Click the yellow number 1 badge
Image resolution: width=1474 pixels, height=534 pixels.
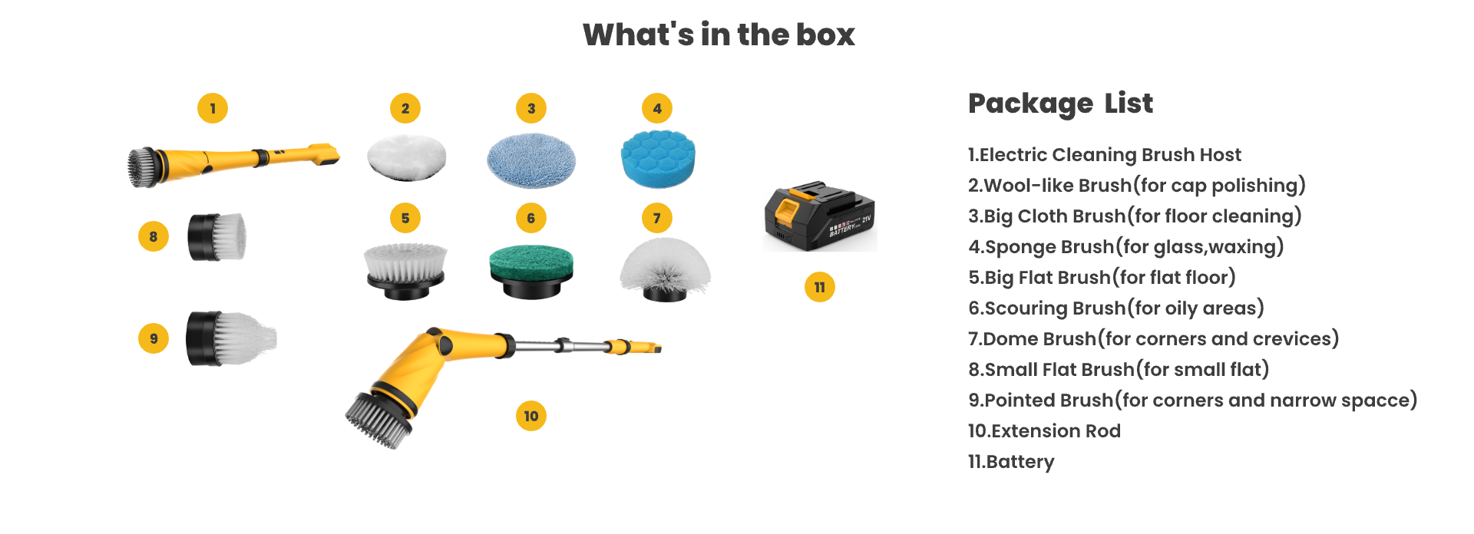pyautogui.click(x=213, y=108)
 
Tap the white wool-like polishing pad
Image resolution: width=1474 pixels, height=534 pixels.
pyautogui.click(x=406, y=157)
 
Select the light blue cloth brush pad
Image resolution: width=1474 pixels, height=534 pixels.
pyautogui.click(x=531, y=160)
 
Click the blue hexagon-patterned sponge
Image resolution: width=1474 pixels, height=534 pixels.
pyautogui.click(x=657, y=158)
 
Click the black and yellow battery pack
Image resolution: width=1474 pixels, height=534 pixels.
pyautogui.click(x=819, y=216)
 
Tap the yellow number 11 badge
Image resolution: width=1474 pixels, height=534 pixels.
pyautogui.click(x=820, y=287)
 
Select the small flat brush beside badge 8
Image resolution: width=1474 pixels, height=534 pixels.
pyautogui.click(x=217, y=236)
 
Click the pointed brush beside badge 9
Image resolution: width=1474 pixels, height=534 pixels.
pyautogui.click(x=230, y=338)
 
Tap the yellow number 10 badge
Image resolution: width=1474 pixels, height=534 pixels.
pyautogui.click(x=531, y=416)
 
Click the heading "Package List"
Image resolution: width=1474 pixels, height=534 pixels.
pyautogui.click(x=1060, y=104)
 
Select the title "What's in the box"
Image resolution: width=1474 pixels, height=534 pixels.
pyautogui.click(x=719, y=35)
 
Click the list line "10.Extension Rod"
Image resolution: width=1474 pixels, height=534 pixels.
pyautogui.click(x=1044, y=430)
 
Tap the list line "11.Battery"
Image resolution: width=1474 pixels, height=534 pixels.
pyautogui.click(x=1011, y=461)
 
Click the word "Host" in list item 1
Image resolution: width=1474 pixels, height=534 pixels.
pyautogui.click(x=1220, y=154)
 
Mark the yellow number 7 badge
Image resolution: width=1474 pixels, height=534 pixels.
pyautogui.click(x=657, y=218)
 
